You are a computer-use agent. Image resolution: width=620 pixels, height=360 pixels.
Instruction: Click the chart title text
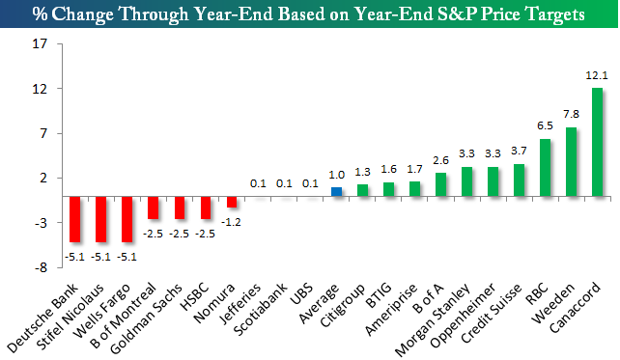click(x=308, y=14)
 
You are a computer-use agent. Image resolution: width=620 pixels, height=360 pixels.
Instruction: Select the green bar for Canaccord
click(x=597, y=142)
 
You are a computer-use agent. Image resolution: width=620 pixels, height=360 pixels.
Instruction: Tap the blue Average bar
click(x=336, y=192)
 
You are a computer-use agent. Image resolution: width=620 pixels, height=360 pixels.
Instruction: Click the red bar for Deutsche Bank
click(x=75, y=219)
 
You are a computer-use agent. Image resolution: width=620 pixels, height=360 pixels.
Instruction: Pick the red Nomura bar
click(x=232, y=202)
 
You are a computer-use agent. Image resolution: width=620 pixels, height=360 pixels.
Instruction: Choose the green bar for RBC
click(x=545, y=168)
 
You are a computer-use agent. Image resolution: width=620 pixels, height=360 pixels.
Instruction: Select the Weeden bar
click(x=571, y=161)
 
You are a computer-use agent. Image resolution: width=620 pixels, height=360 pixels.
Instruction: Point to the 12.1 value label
click(x=597, y=75)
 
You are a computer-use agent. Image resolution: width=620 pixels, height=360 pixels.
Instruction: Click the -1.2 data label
click(x=231, y=222)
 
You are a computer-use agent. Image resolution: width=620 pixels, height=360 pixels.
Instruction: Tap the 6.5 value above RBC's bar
click(x=545, y=125)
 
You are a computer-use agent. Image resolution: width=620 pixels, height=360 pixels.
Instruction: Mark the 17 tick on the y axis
click(x=40, y=43)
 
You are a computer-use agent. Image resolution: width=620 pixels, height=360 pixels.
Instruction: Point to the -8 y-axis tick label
click(x=41, y=268)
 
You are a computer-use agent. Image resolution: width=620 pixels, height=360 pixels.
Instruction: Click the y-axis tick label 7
click(x=43, y=133)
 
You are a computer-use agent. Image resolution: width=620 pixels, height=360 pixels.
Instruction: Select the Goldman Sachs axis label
click(x=146, y=318)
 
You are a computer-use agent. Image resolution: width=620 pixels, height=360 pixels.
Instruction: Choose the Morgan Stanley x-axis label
click(x=433, y=320)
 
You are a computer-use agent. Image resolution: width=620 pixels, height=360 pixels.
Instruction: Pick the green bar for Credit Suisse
click(x=519, y=180)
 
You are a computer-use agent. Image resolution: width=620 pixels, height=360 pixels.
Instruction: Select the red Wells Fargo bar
click(x=127, y=219)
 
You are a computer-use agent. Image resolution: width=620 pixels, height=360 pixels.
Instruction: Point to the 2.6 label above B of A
click(x=441, y=160)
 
